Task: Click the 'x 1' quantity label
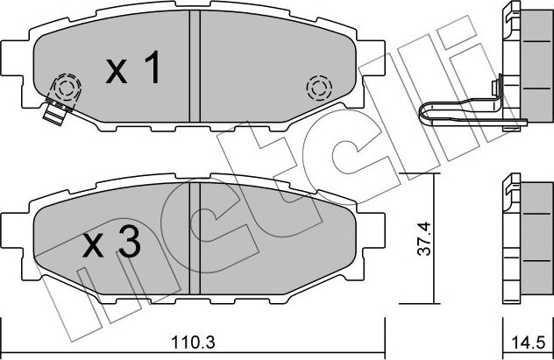point(134,71)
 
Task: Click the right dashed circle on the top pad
point(317,88)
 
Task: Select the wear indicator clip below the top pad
point(55,112)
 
